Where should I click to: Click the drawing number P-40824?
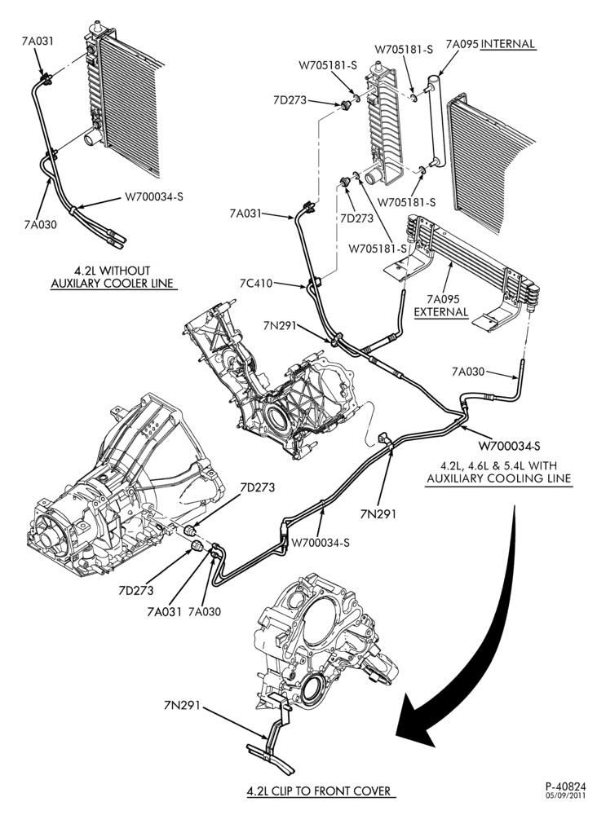click(565, 786)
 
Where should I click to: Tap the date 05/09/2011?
click(565, 795)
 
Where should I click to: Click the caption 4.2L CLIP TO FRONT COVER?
click(318, 791)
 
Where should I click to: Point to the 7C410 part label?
click(256, 284)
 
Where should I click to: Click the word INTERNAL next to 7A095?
click(507, 44)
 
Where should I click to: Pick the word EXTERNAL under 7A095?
click(441, 312)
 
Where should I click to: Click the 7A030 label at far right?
click(468, 372)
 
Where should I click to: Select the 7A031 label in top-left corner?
click(38, 42)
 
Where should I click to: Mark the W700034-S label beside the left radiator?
click(153, 197)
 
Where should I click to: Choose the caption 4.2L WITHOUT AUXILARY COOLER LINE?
click(112, 277)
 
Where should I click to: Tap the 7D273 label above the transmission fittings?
click(258, 487)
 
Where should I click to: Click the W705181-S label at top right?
click(404, 50)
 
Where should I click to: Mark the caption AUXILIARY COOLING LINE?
click(498, 478)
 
